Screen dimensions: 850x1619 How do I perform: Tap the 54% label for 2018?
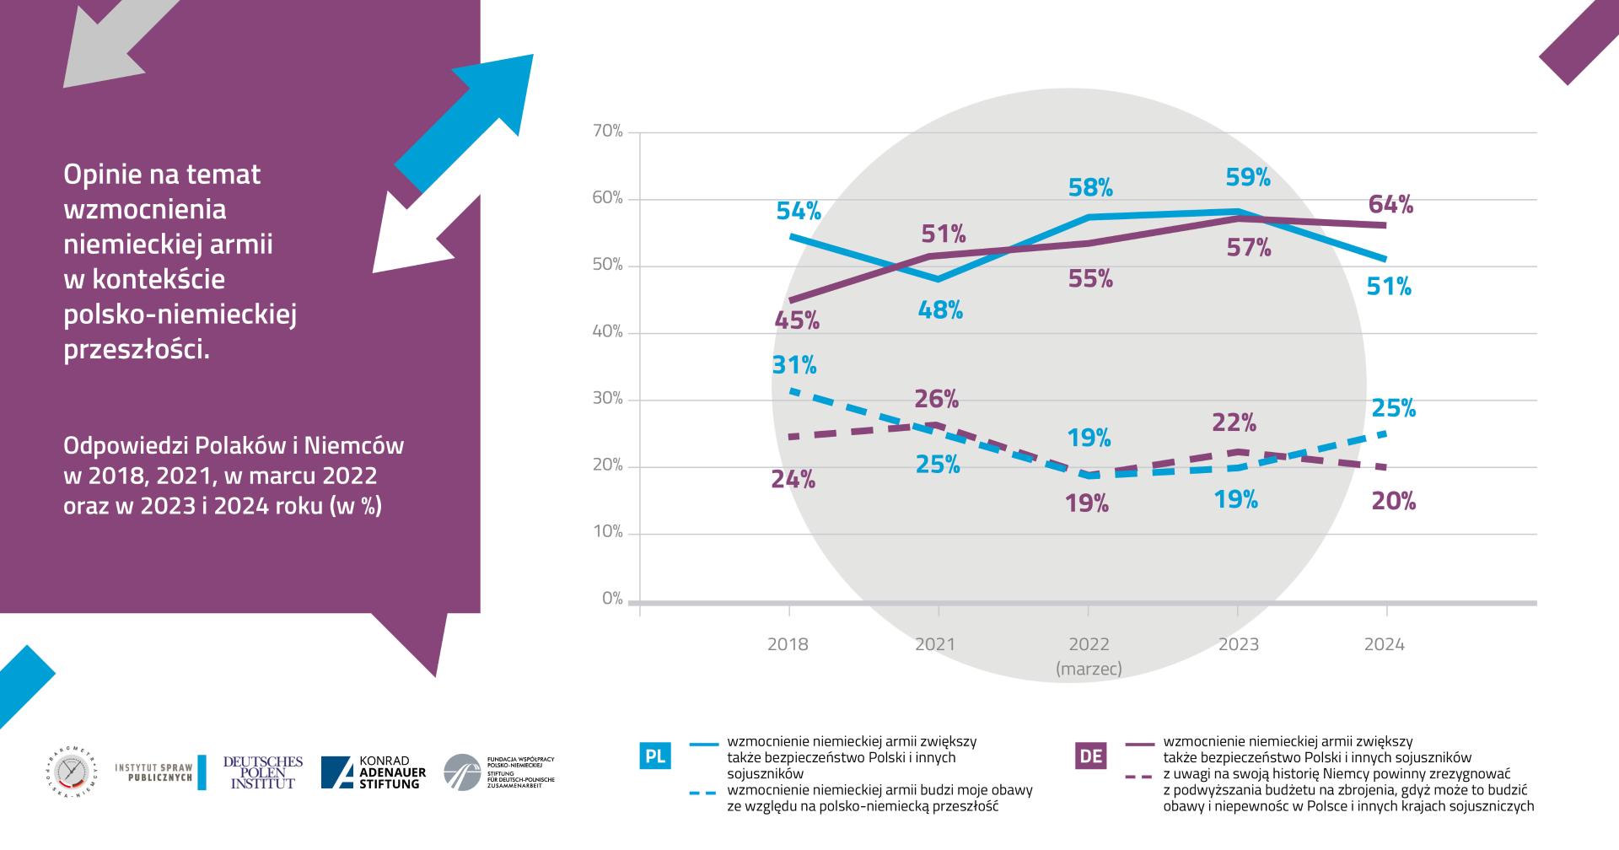coord(799,211)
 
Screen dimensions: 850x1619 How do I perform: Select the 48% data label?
coord(940,310)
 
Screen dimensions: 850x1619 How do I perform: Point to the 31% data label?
coord(794,365)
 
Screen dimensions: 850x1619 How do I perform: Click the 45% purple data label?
coord(797,320)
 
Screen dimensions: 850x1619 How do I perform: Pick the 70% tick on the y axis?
coord(607,132)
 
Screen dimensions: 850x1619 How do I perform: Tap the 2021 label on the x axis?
coord(935,645)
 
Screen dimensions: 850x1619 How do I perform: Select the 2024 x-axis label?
coord(1385,645)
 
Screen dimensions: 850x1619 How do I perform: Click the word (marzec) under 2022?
coord(1089,669)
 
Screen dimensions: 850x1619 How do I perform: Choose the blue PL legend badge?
coord(655,756)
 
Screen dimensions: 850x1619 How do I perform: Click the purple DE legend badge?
coord(1091,756)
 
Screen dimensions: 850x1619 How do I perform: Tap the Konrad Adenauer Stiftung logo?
coord(374,772)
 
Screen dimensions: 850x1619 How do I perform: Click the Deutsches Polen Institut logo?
coord(262,772)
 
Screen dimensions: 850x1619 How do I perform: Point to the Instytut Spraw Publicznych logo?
coord(159,772)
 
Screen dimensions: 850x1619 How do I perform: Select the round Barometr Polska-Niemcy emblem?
coord(71,772)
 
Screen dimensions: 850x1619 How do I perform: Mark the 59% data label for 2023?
coord(1248,178)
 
